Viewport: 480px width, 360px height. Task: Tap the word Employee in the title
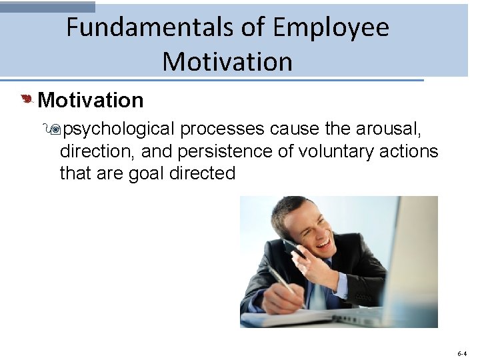tap(331, 28)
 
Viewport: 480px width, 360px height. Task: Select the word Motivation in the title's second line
tap(227, 62)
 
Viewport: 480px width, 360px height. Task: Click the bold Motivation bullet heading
tap(91, 101)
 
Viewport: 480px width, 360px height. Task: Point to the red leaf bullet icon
tap(27, 100)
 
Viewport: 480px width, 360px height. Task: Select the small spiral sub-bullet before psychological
tap(65, 129)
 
